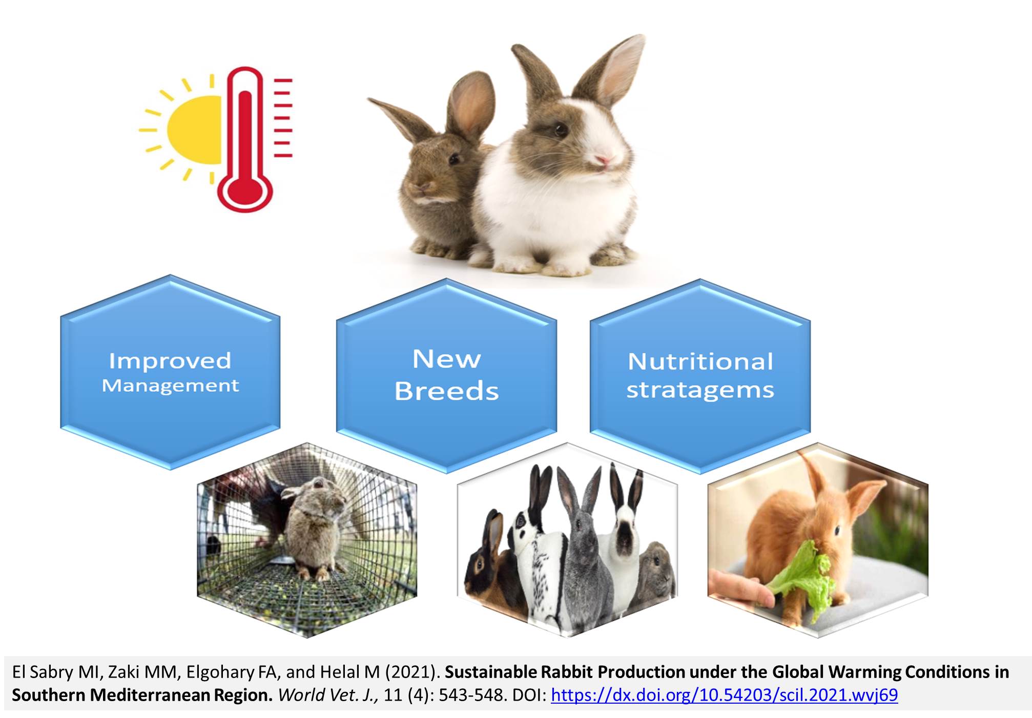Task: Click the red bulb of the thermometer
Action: point(245,190)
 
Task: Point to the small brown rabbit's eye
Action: point(453,159)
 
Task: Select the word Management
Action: point(170,386)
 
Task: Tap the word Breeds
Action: point(446,391)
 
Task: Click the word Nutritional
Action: point(700,362)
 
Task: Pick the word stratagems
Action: point(700,390)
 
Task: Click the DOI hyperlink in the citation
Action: point(724,695)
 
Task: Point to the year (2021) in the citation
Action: point(412,672)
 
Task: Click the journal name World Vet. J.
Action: point(328,695)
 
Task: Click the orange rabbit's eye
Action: point(837,530)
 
